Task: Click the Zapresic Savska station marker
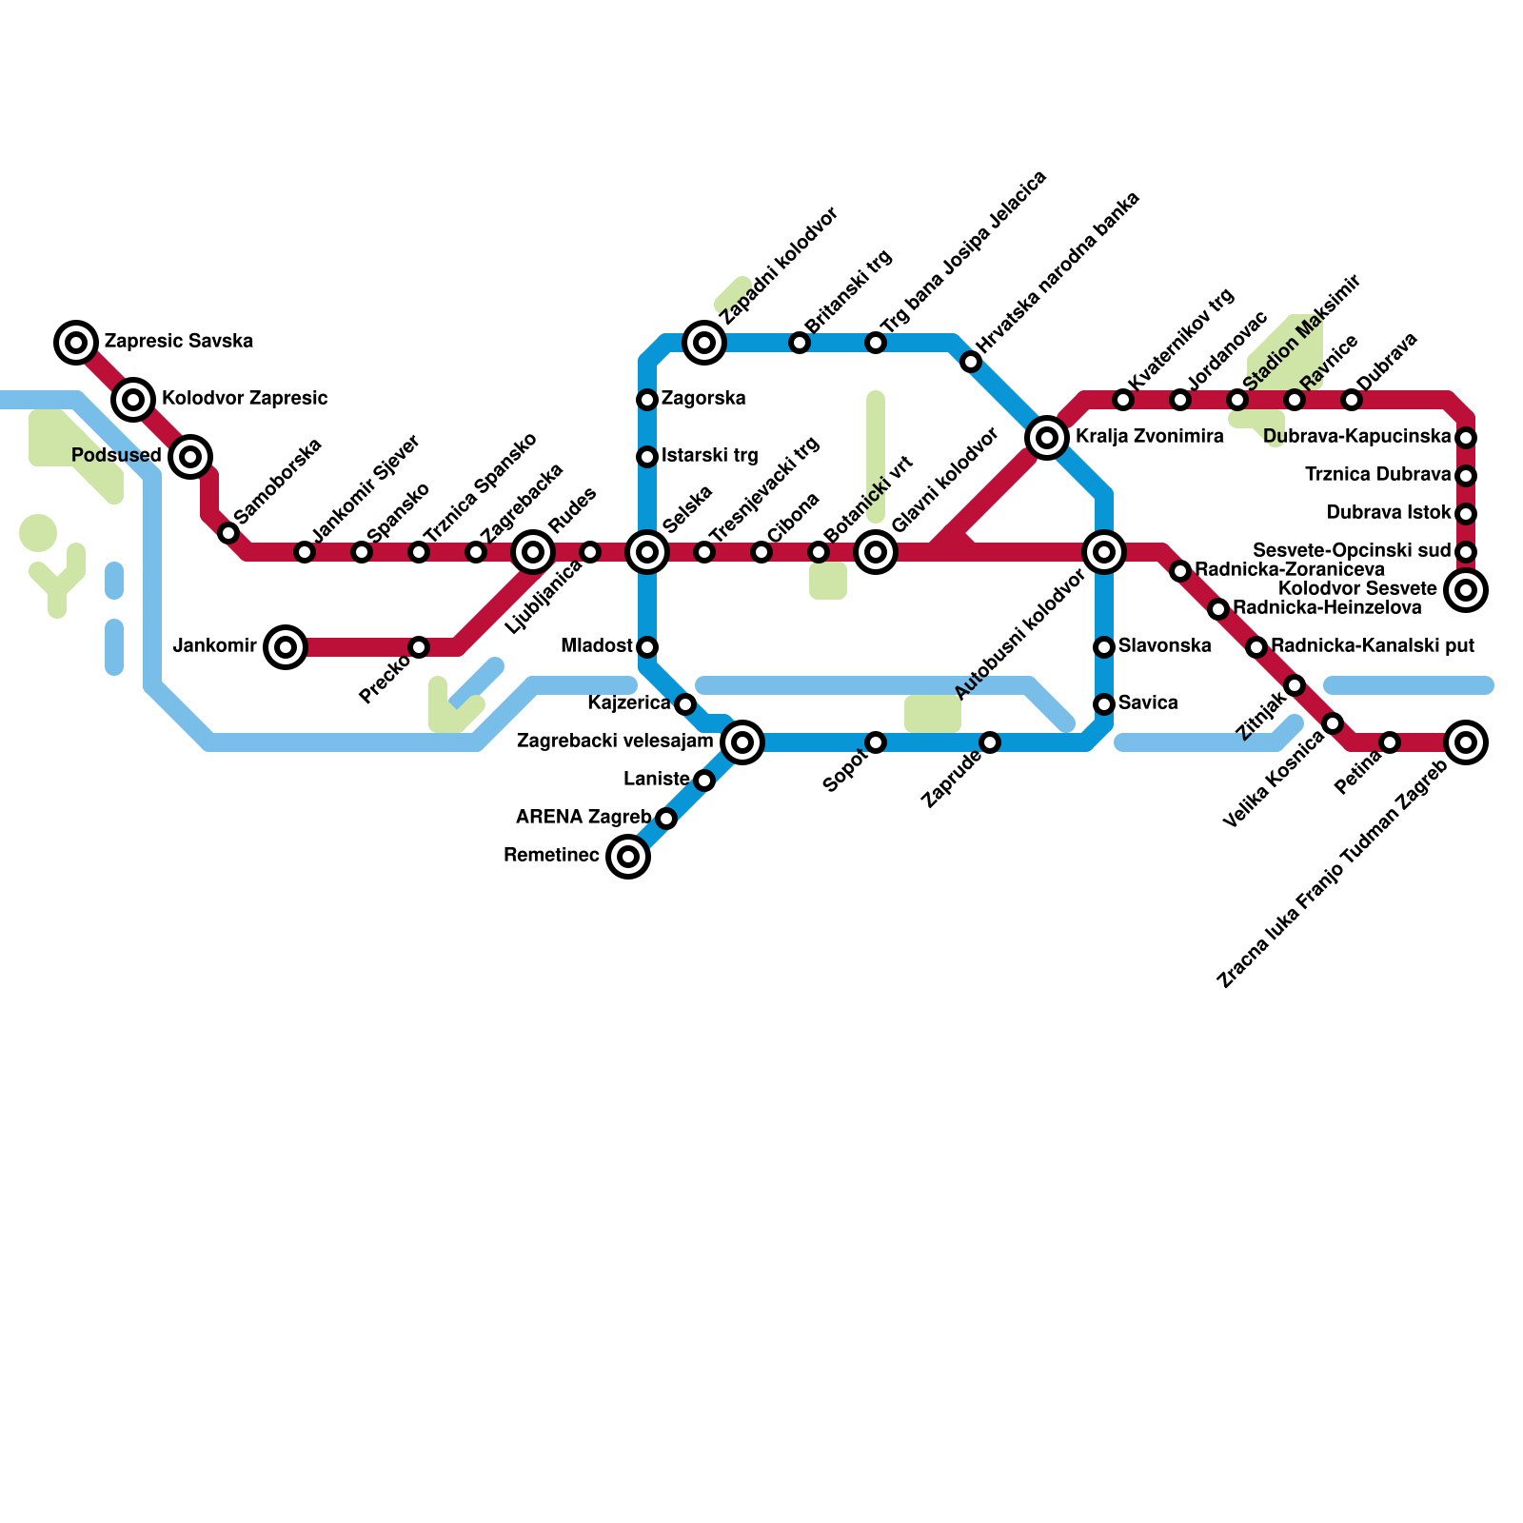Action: pos(76,342)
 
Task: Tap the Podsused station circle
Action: pos(190,457)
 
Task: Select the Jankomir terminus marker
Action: pos(285,647)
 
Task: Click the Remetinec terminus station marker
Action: pos(628,857)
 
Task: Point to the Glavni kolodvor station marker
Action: pos(876,552)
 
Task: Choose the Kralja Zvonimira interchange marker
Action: pos(1047,438)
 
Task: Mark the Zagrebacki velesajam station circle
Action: pos(742,742)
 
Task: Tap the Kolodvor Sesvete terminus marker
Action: pos(1466,590)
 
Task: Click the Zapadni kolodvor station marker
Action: pos(704,342)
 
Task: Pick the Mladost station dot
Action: pos(647,647)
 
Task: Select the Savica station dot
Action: pos(1104,704)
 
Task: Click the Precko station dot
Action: pos(419,647)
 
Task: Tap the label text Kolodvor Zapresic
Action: pos(245,398)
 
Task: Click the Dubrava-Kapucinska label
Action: pos(1357,437)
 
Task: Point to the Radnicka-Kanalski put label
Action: pos(1372,646)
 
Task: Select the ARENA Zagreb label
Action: pos(583,818)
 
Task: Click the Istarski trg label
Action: pos(709,456)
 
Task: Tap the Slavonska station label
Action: pos(1164,646)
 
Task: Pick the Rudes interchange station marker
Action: pos(533,552)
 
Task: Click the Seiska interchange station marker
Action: pos(647,552)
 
